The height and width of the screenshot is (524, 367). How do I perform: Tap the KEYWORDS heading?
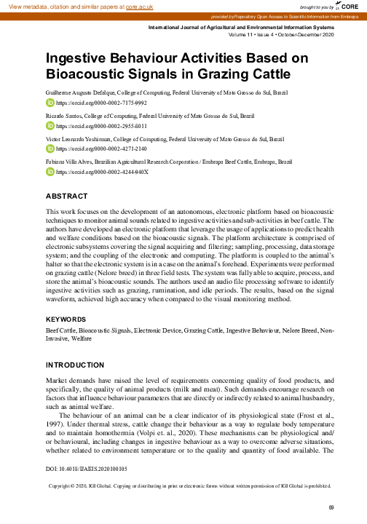68,319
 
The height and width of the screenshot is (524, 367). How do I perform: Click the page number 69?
331,507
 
